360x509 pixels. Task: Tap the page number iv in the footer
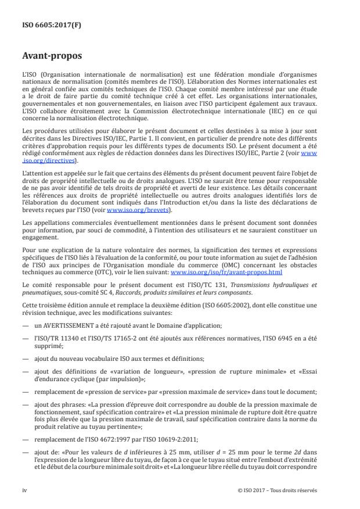(x=25, y=490)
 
